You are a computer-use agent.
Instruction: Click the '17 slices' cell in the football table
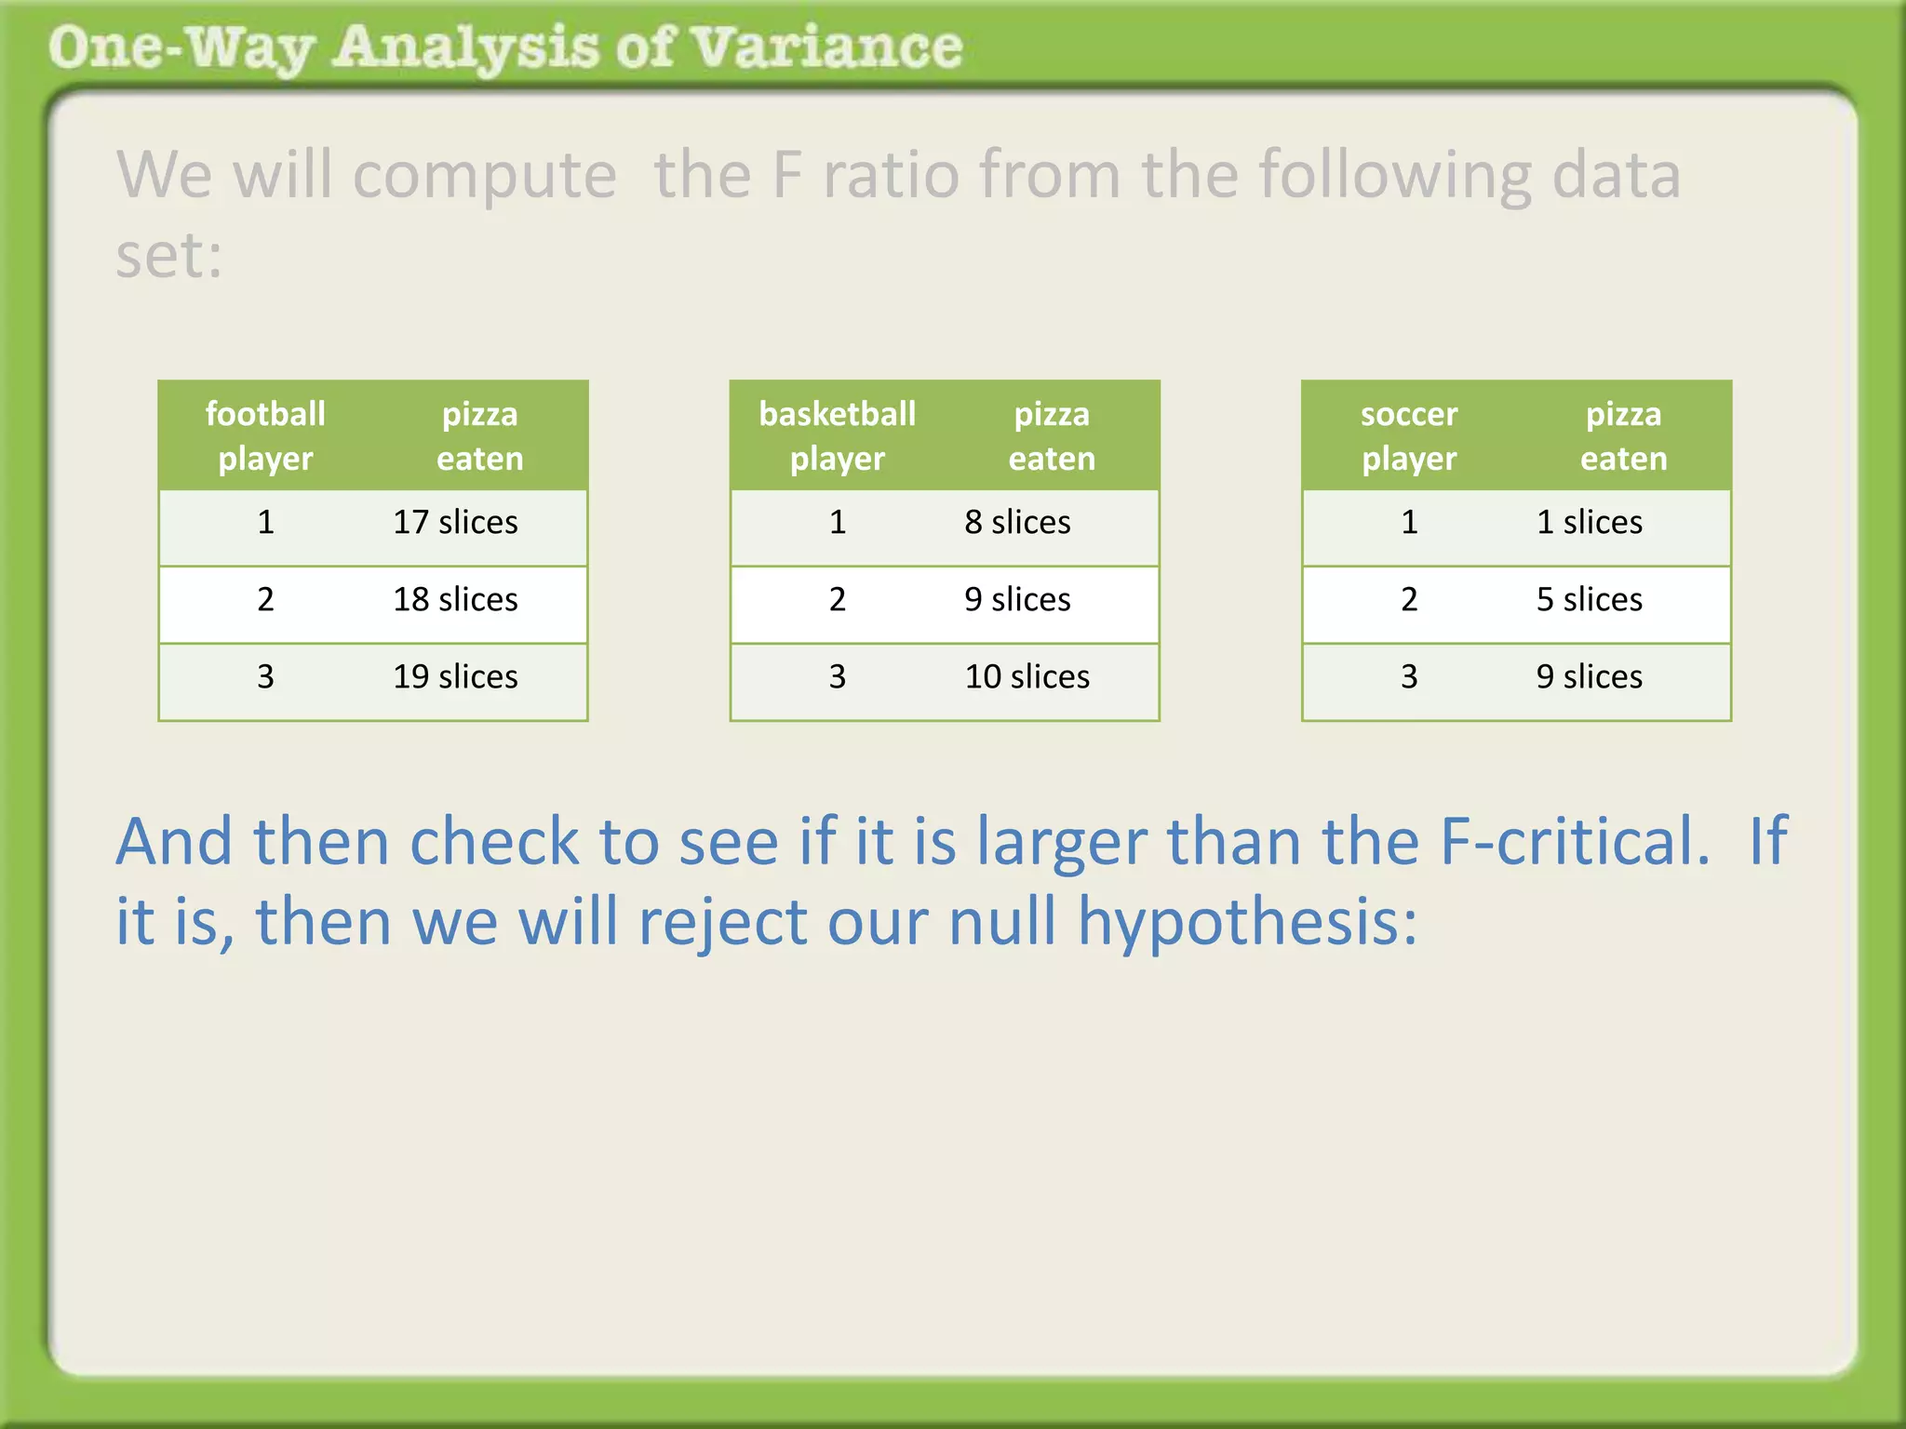[x=455, y=522]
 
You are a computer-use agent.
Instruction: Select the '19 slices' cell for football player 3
[x=455, y=676]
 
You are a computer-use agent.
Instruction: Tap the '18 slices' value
[x=455, y=599]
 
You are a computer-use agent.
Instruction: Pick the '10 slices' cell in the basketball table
[x=1027, y=676]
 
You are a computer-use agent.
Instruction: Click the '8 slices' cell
[x=1017, y=522]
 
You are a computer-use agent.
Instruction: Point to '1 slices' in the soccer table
[x=1589, y=522]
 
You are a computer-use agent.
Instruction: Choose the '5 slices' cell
[x=1589, y=599]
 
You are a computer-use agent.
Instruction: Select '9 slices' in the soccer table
[x=1589, y=676]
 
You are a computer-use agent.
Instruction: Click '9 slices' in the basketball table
[x=1017, y=599]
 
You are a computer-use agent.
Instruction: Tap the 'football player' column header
[x=265, y=435]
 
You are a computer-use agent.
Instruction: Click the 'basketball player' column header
[x=837, y=435]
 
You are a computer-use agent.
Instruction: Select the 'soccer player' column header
[x=1409, y=435]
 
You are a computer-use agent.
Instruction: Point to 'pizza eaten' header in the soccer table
[x=1623, y=435]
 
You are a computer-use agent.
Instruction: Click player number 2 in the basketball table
[x=838, y=599]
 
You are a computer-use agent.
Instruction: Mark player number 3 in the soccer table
[x=1409, y=676]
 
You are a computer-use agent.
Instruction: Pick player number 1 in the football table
[x=266, y=522]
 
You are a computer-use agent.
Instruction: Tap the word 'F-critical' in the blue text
[x=1573, y=841]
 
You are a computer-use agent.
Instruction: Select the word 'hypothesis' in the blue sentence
[x=1247, y=922]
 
